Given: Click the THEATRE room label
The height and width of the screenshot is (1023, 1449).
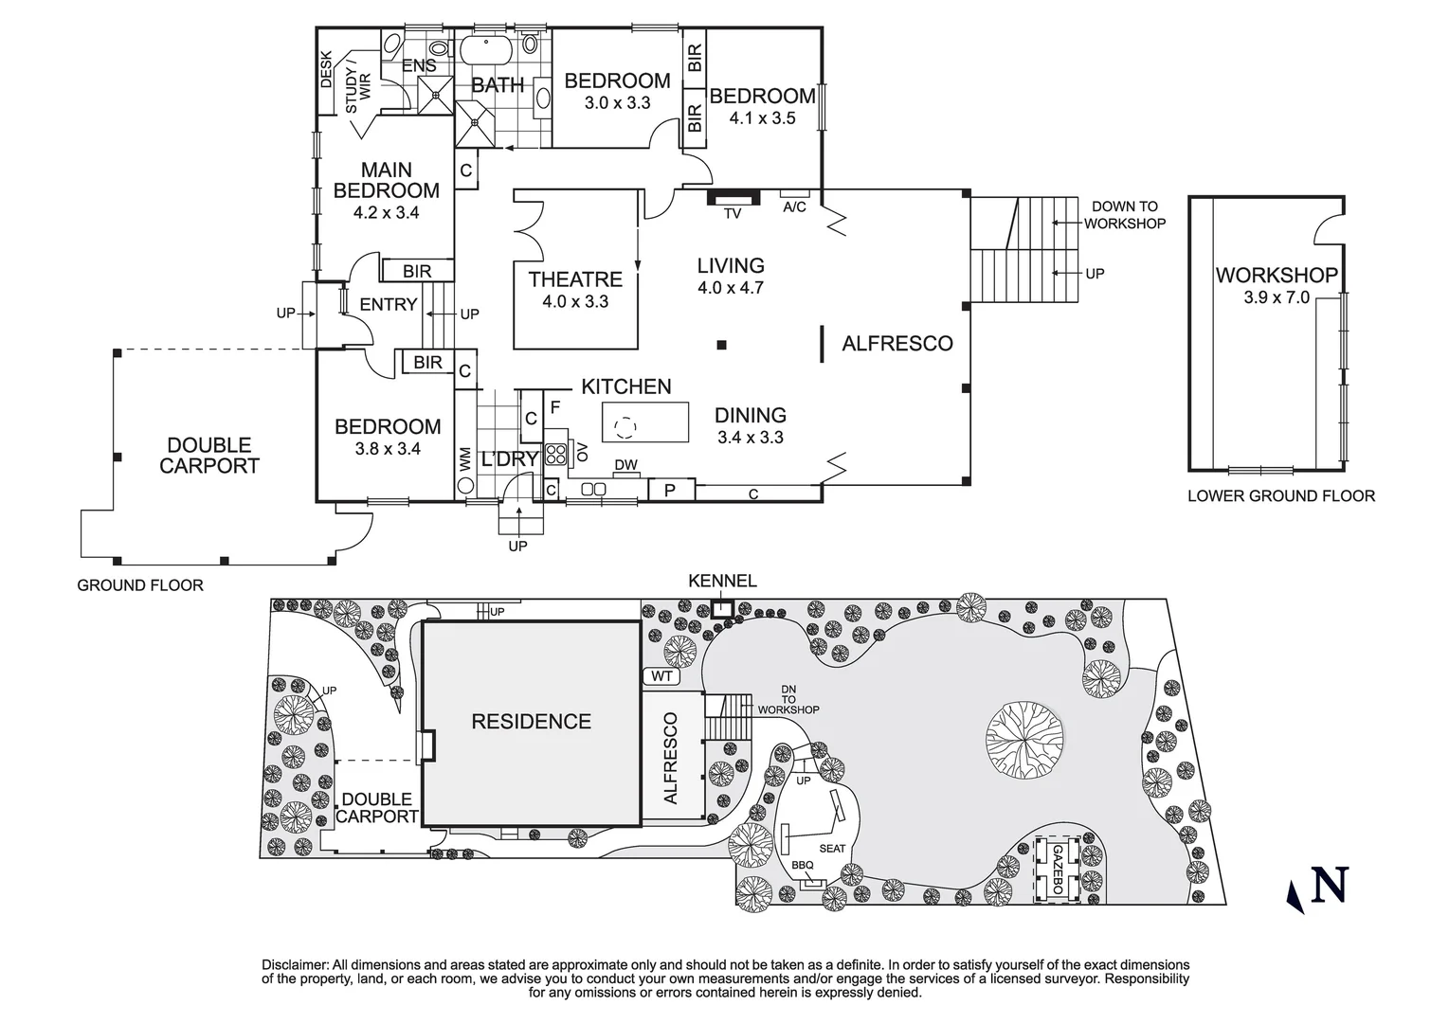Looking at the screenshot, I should click(575, 279).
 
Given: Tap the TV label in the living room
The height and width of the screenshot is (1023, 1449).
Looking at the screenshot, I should click(733, 214).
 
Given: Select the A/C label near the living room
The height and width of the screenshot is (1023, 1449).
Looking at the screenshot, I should click(794, 207).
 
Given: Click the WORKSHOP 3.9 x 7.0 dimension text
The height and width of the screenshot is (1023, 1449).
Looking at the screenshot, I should click(1276, 297).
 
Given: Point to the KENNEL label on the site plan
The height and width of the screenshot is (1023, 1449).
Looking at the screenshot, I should click(722, 581).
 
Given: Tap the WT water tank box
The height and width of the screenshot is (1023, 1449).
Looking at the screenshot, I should click(662, 676).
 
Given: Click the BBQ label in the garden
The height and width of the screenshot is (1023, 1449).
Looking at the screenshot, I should click(802, 866).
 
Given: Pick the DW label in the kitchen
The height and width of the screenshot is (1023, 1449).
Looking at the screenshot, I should click(625, 464).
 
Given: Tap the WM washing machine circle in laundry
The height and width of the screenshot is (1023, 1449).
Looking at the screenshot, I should click(465, 484).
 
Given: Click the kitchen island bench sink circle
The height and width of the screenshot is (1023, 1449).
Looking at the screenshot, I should click(624, 428).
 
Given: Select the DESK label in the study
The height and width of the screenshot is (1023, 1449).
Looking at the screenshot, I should click(326, 69).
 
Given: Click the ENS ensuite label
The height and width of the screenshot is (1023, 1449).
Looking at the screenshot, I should click(419, 65).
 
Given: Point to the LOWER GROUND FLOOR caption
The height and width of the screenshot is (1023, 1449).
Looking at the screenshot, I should click(1280, 495).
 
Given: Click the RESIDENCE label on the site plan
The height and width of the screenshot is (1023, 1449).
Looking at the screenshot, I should click(531, 722).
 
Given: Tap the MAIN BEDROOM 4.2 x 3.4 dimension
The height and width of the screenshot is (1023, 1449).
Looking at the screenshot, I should click(386, 213).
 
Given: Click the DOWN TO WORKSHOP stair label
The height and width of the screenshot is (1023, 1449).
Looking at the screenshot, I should click(1124, 215).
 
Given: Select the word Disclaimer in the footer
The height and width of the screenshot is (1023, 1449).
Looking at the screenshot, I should click(295, 964).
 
